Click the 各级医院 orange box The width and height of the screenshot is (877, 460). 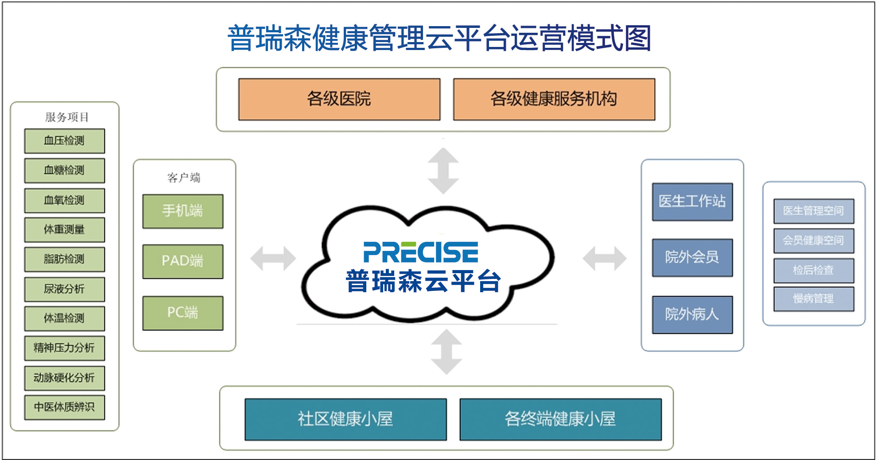click(339, 99)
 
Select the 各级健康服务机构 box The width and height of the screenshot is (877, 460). click(554, 99)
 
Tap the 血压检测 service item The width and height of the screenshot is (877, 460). click(65, 141)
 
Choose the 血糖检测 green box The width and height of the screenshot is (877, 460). click(65, 170)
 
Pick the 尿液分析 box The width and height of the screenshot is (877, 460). click(65, 289)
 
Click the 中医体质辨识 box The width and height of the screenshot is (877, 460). click(65, 407)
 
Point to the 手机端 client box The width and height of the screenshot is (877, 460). click(182, 211)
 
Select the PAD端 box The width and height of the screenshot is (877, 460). click(182, 261)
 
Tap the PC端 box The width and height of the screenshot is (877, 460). click(182, 313)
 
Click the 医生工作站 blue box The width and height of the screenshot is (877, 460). click(692, 201)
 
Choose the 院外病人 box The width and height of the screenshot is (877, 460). click(692, 314)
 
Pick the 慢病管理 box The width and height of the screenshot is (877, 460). click(814, 299)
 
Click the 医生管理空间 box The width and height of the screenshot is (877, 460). click(814, 211)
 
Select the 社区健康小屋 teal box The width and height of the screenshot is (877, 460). click(345, 419)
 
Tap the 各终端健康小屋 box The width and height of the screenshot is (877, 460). click(560, 419)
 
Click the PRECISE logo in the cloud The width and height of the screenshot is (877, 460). click(421, 252)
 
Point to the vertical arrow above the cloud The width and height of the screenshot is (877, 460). click(443, 171)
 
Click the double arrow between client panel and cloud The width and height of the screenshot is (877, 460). click(273, 258)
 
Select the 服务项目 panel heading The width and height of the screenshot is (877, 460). click(67, 117)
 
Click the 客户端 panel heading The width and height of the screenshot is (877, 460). click(184, 178)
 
